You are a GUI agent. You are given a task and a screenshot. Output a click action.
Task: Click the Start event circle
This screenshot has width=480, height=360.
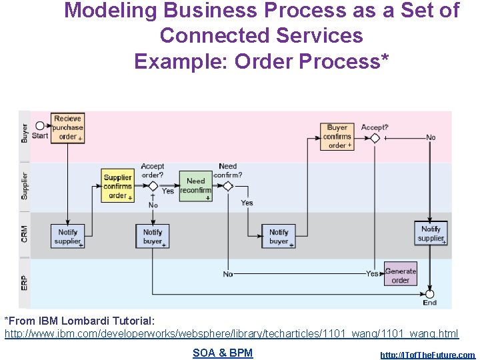tap(40, 125)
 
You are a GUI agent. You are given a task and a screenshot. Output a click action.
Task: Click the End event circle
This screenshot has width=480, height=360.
tap(429, 293)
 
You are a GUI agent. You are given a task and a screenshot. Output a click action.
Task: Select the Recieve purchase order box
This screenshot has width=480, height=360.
tap(68, 127)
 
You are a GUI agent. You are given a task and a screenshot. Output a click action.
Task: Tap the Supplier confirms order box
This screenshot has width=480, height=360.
tap(118, 186)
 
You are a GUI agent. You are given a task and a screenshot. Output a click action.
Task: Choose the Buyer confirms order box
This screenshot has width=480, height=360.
tap(337, 137)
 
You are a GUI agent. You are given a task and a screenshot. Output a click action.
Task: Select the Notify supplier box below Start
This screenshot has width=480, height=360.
tap(67, 236)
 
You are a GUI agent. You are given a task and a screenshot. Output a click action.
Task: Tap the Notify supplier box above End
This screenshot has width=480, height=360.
tap(431, 233)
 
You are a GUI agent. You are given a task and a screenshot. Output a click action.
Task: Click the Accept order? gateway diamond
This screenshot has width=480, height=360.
tap(153, 186)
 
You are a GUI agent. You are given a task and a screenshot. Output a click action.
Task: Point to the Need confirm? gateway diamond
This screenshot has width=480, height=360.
tap(228, 186)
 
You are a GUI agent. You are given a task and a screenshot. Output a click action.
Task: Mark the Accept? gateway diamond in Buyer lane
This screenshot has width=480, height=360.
tap(375, 138)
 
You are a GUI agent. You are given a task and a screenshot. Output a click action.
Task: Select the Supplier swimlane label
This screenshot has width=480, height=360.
tap(25, 186)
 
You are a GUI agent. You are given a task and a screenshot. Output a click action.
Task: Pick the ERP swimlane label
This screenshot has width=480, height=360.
tap(25, 283)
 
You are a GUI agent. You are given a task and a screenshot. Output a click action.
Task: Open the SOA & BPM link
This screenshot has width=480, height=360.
tap(223, 353)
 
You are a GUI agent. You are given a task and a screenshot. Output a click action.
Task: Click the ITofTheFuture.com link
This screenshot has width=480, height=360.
tap(427, 355)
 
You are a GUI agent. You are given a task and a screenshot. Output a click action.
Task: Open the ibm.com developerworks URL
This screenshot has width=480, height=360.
tap(231, 333)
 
